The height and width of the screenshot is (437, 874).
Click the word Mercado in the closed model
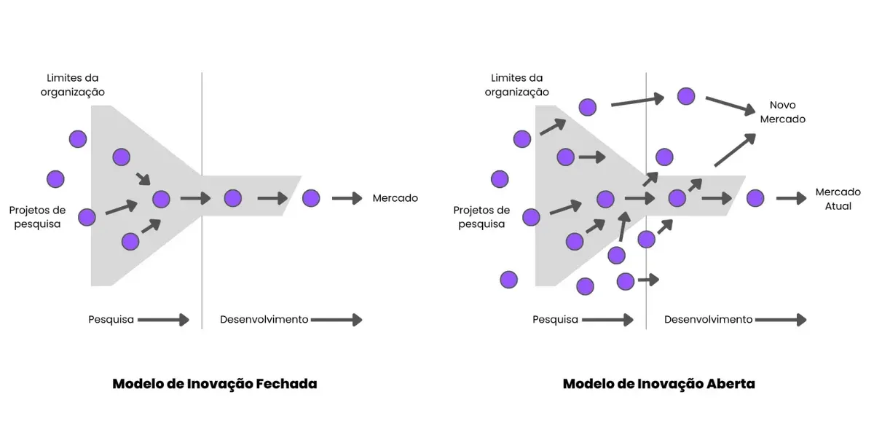(x=395, y=198)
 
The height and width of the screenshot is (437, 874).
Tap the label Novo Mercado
(x=782, y=112)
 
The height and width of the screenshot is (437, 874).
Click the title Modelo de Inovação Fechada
(x=214, y=384)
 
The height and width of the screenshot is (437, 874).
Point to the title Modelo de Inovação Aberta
(x=658, y=384)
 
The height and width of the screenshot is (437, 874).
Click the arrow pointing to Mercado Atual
(x=791, y=198)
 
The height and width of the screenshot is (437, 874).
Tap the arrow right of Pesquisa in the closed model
(x=163, y=320)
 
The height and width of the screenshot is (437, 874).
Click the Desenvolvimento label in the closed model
(x=264, y=320)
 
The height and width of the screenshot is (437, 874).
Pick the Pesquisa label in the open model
(x=555, y=320)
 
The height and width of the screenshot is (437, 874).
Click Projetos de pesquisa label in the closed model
(x=37, y=217)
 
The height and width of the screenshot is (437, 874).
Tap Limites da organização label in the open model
(x=516, y=85)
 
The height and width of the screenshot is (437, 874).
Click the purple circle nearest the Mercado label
(x=311, y=198)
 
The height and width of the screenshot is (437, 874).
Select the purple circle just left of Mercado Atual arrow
(x=755, y=198)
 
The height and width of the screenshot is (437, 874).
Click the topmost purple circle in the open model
(x=685, y=95)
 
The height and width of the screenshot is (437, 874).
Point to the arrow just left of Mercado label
(x=347, y=198)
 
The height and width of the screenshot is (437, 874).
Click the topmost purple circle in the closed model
(x=78, y=138)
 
